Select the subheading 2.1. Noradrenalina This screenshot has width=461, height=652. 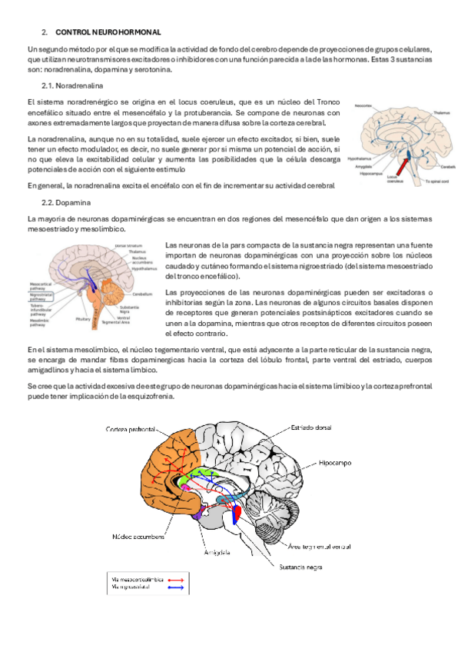73,85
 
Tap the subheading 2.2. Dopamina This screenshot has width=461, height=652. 67,202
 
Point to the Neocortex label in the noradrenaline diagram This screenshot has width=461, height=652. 363,105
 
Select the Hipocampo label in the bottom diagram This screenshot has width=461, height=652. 336,465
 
